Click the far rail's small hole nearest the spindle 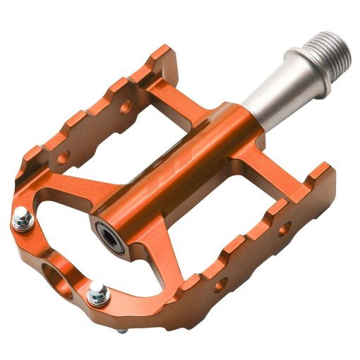(x=126, y=108)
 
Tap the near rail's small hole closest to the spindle (x=284, y=229)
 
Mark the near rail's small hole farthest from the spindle (x=220, y=284)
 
